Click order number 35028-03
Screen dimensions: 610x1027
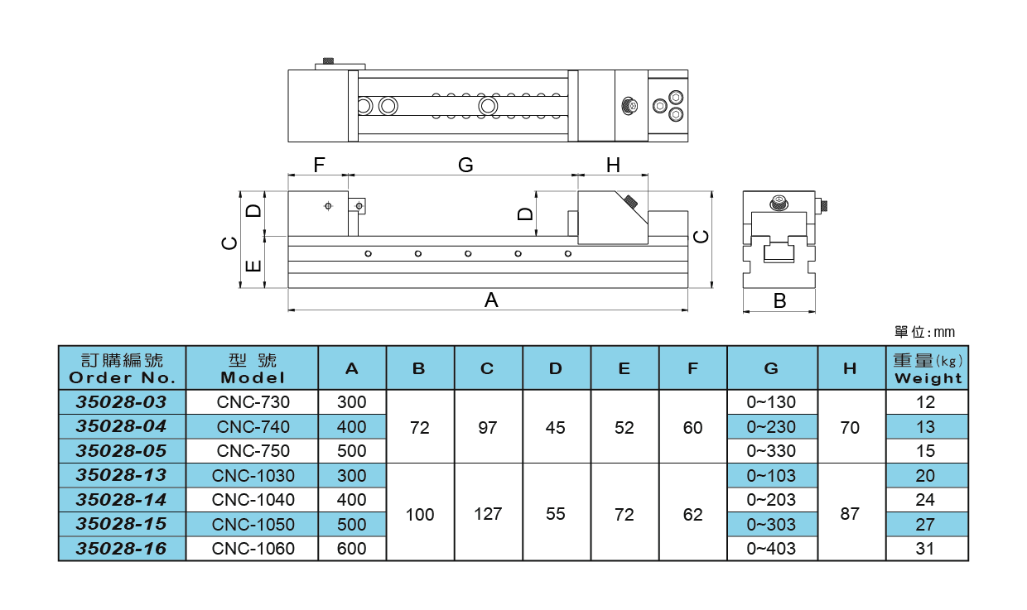click(122, 402)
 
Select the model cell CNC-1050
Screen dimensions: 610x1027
click(253, 524)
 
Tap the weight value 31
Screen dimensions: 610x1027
click(926, 548)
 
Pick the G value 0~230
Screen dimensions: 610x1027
click(771, 427)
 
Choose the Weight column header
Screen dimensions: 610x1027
click(928, 368)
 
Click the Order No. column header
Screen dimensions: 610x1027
click(122, 368)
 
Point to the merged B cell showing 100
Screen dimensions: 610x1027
click(420, 514)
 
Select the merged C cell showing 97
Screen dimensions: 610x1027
click(488, 427)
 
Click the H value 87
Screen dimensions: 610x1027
click(850, 513)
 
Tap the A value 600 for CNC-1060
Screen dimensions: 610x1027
click(351, 548)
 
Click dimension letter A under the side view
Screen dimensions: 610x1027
click(491, 300)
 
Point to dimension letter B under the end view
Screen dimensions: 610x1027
click(779, 301)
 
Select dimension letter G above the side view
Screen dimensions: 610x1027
click(465, 166)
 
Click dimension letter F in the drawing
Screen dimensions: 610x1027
click(319, 166)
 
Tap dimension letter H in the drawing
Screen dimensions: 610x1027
click(613, 166)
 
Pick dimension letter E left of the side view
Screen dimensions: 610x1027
click(254, 266)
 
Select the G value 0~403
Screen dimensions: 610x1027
click(771, 548)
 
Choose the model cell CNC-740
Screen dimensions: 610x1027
click(253, 427)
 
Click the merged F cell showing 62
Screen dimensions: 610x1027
click(692, 514)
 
